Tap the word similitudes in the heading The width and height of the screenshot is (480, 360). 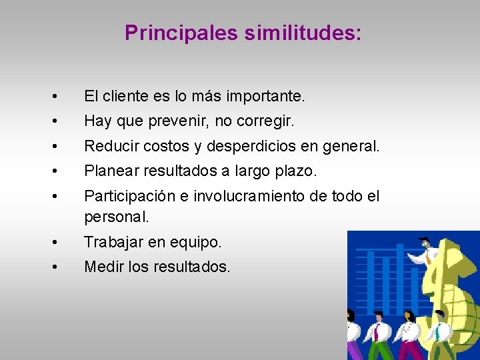302,33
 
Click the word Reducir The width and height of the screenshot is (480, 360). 110,146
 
